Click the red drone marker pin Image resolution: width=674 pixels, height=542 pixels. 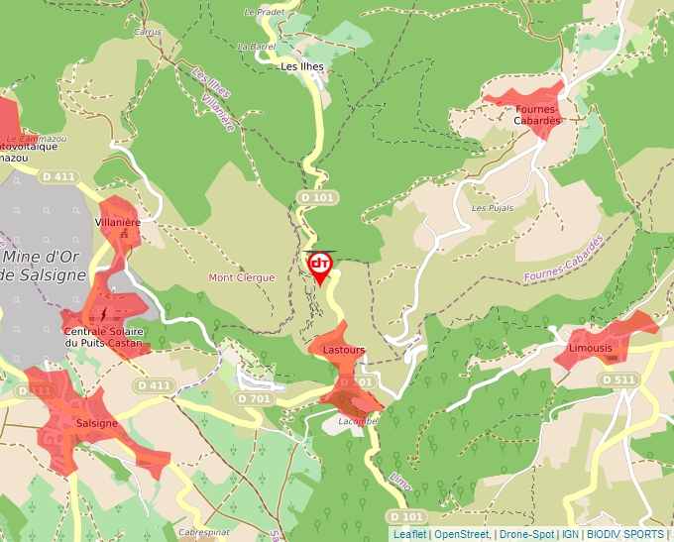click(320, 266)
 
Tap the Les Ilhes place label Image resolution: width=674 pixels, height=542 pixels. click(303, 67)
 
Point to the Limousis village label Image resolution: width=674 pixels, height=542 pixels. click(591, 349)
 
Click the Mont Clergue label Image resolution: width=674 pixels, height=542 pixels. click(241, 278)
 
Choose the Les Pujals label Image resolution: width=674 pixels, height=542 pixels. click(492, 208)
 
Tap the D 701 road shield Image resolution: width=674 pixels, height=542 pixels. click(254, 398)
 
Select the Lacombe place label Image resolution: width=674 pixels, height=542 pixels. click(357, 420)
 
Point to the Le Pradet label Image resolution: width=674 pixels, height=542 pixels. click(264, 12)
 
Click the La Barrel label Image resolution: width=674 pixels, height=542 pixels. click(256, 46)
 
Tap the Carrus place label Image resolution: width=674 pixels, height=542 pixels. click(147, 32)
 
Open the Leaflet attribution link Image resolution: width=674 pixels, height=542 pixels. click(409, 534)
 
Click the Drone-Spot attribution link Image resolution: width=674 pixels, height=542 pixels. click(525, 534)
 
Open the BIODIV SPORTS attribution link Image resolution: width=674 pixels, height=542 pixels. click(625, 534)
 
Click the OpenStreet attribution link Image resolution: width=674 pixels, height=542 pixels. click(461, 534)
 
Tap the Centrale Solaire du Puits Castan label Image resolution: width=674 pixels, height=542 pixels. click(104, 337)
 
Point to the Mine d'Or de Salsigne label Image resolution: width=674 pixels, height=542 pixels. click(44, 267)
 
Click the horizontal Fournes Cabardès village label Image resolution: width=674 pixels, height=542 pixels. click(537, 114)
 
